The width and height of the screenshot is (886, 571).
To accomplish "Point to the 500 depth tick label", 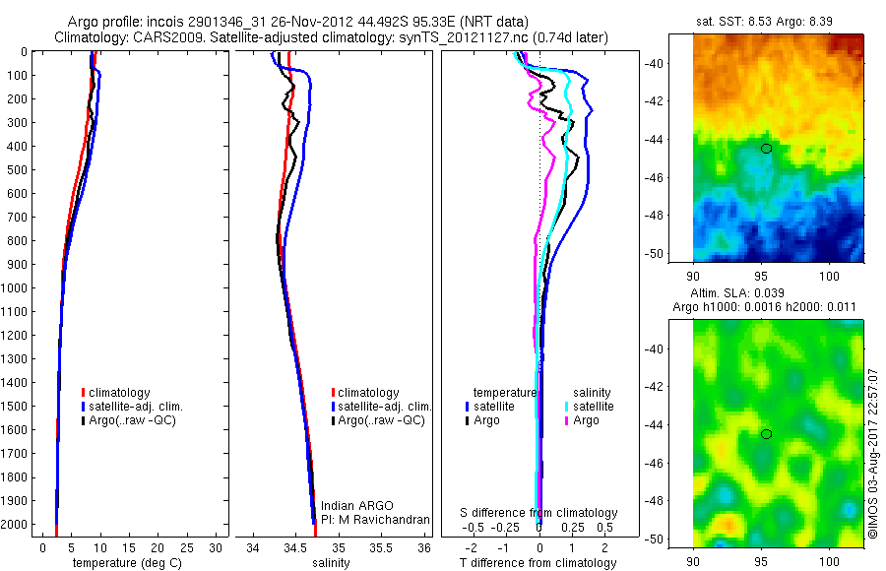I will tap(18, 169).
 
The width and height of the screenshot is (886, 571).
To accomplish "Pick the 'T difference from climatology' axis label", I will tap(538, 563).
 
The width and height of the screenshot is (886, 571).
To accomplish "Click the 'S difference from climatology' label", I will tap(538, 513).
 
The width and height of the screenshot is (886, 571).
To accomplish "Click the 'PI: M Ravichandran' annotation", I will tap(376, 519).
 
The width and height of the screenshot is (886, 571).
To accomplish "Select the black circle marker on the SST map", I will tap(766, 148).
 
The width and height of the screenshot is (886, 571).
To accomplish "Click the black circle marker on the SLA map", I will tap(766, 434).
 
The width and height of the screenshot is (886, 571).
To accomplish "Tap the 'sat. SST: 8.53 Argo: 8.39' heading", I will tap(777, 19).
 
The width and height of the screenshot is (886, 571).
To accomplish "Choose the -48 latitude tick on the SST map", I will tap(679, 215).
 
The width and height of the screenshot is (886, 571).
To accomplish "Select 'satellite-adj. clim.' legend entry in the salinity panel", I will tap(385, 407).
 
